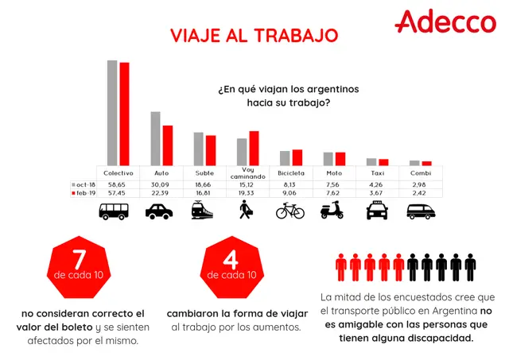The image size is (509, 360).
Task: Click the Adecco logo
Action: coord(445,21)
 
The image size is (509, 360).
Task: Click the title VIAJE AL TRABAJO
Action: coord(254,36)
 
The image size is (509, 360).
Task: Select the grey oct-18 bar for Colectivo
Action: coord(112,113)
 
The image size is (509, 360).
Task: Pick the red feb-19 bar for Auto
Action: coord(168,145)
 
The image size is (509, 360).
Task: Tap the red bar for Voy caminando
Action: coord(254,149)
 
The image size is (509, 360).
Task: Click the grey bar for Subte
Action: coord(199,149)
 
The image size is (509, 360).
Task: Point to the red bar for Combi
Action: coord(427,164)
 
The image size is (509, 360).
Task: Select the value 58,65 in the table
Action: coord(117,184)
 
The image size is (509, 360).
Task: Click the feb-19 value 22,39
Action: coord(160,193)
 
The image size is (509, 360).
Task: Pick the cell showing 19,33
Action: coord(247,193)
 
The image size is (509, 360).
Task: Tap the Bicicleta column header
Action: coord(291,173)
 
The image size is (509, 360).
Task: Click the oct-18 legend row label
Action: coord(84,184)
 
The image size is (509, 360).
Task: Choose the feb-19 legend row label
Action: coord(84,193)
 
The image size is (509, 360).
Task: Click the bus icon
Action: coord(114,211)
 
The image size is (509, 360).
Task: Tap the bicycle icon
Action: coord(290,211)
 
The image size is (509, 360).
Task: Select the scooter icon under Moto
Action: coord(332,210)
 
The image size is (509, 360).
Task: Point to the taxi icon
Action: coord(377,210)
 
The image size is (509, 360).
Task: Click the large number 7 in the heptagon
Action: coord(79,259)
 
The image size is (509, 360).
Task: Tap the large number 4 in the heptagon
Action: coord(231,259)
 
